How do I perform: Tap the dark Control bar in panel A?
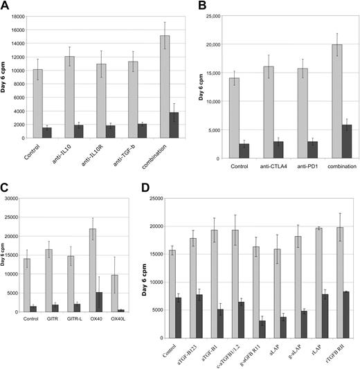pyautogui.click(x=47, y=132)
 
